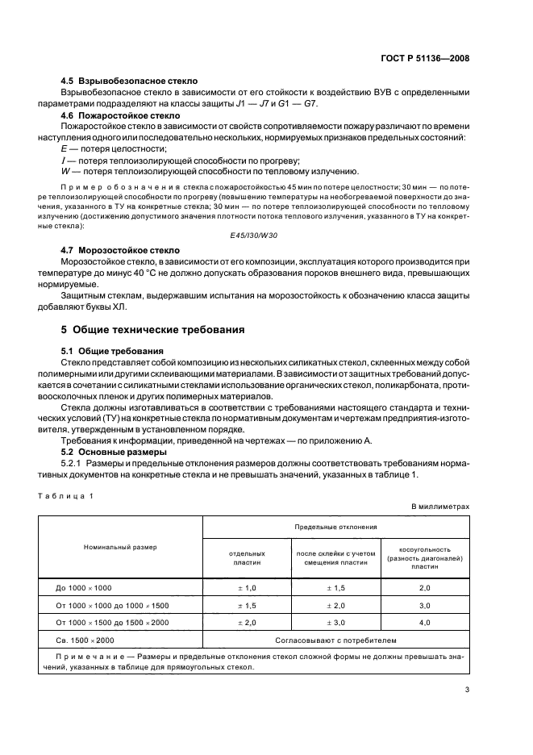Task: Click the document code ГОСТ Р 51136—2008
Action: click(x=425, y=58)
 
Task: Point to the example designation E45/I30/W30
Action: click(x=253, y=235)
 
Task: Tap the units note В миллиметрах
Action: click(x=439, y=506)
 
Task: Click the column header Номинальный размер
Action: click(x=120, y=547)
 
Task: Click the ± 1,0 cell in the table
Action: click(x=247, y=589)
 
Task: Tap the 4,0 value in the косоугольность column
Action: click(x=424, y=623)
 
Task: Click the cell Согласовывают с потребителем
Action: click(x=335, y=640)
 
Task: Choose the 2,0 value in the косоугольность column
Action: click(x=424, y=589)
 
